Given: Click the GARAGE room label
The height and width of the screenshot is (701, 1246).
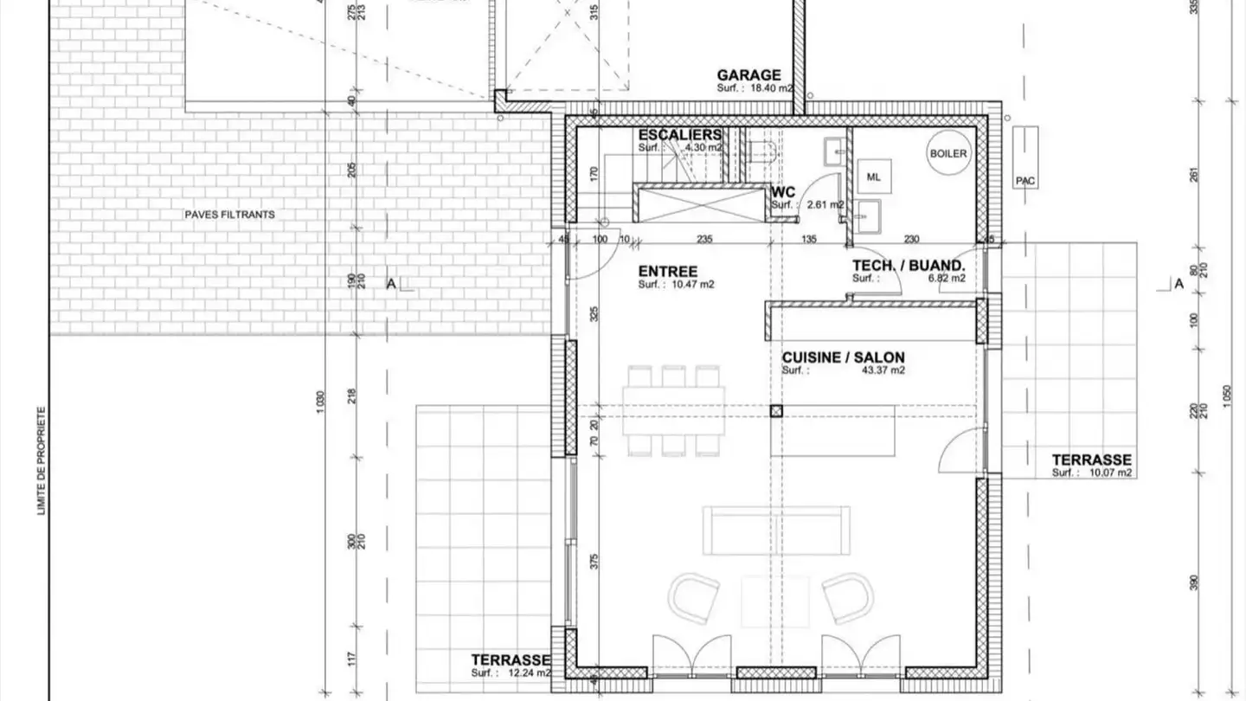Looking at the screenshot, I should [x=748, y=75].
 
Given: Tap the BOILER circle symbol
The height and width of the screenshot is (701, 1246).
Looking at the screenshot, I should [x=948, y=153].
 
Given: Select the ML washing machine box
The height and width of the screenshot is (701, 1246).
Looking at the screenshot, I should [x=873, y=177].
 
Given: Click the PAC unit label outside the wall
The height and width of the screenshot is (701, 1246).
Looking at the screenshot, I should [x=1025, y=181].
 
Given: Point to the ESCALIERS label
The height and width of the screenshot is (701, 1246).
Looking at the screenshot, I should [x=679, y=135].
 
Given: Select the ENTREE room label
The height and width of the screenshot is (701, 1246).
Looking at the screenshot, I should [x=668, y=272].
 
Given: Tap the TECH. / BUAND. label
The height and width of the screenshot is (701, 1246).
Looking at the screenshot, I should [x=908, y=266].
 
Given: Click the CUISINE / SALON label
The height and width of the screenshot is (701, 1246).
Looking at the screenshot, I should [x=844, y=357].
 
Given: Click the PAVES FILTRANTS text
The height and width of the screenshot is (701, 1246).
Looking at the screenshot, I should [x=229, y=214].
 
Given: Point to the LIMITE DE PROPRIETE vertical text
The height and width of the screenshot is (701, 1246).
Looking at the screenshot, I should [x=41, y=462].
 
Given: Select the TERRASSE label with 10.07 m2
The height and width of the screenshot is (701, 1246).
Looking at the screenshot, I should [x=1091, y=460].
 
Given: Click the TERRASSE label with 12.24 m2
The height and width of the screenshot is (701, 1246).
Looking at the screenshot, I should [x=511, y=659].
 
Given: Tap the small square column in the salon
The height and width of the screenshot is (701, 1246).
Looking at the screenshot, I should [x=776, y=412].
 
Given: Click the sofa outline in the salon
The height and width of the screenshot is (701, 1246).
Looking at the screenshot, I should [x=776, y=531].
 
